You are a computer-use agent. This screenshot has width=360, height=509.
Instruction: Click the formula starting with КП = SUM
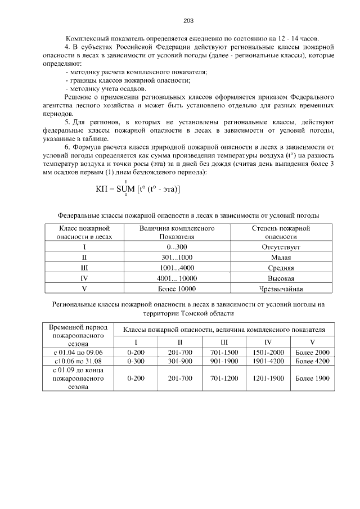[x=138, y=190]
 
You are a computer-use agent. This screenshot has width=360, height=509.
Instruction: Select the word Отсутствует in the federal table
[x=281, y=247]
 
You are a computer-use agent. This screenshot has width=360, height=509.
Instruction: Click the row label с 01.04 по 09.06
[x=78, y=352]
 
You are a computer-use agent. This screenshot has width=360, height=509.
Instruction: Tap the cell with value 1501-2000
[x=268, y=352]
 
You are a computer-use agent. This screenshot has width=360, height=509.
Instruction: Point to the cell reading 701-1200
[x=224, y=379]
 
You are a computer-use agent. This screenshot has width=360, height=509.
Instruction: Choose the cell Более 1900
[x=312, y=379]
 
